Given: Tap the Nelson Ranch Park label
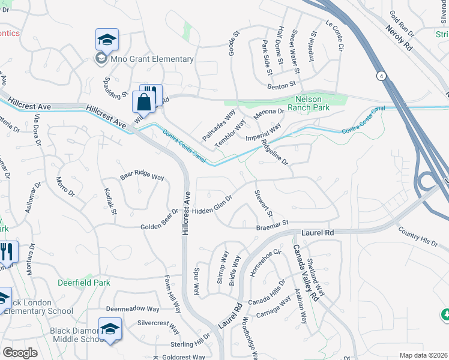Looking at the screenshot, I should coord(317,103).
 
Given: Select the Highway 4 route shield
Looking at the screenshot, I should coord(381,76).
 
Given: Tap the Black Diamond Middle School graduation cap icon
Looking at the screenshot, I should coord(110,328).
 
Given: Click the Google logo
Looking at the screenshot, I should coord(20,353).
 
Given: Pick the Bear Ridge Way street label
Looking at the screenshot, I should coord(142,177).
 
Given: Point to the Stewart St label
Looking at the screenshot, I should coord(265,204).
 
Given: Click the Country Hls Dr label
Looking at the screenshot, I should coord(418,235).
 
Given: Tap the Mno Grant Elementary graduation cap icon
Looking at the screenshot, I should coord(107,40).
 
